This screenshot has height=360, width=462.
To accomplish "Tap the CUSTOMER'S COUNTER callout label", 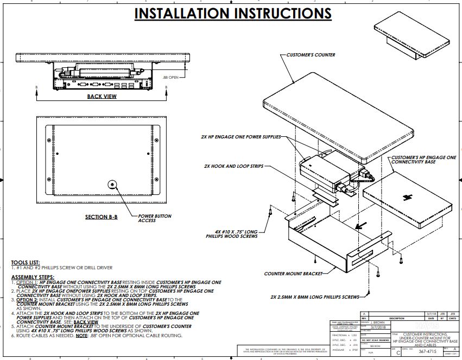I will [307, 55].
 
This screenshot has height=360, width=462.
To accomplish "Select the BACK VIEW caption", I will [102, 97].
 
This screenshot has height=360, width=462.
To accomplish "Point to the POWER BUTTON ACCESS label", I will [155, 218].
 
